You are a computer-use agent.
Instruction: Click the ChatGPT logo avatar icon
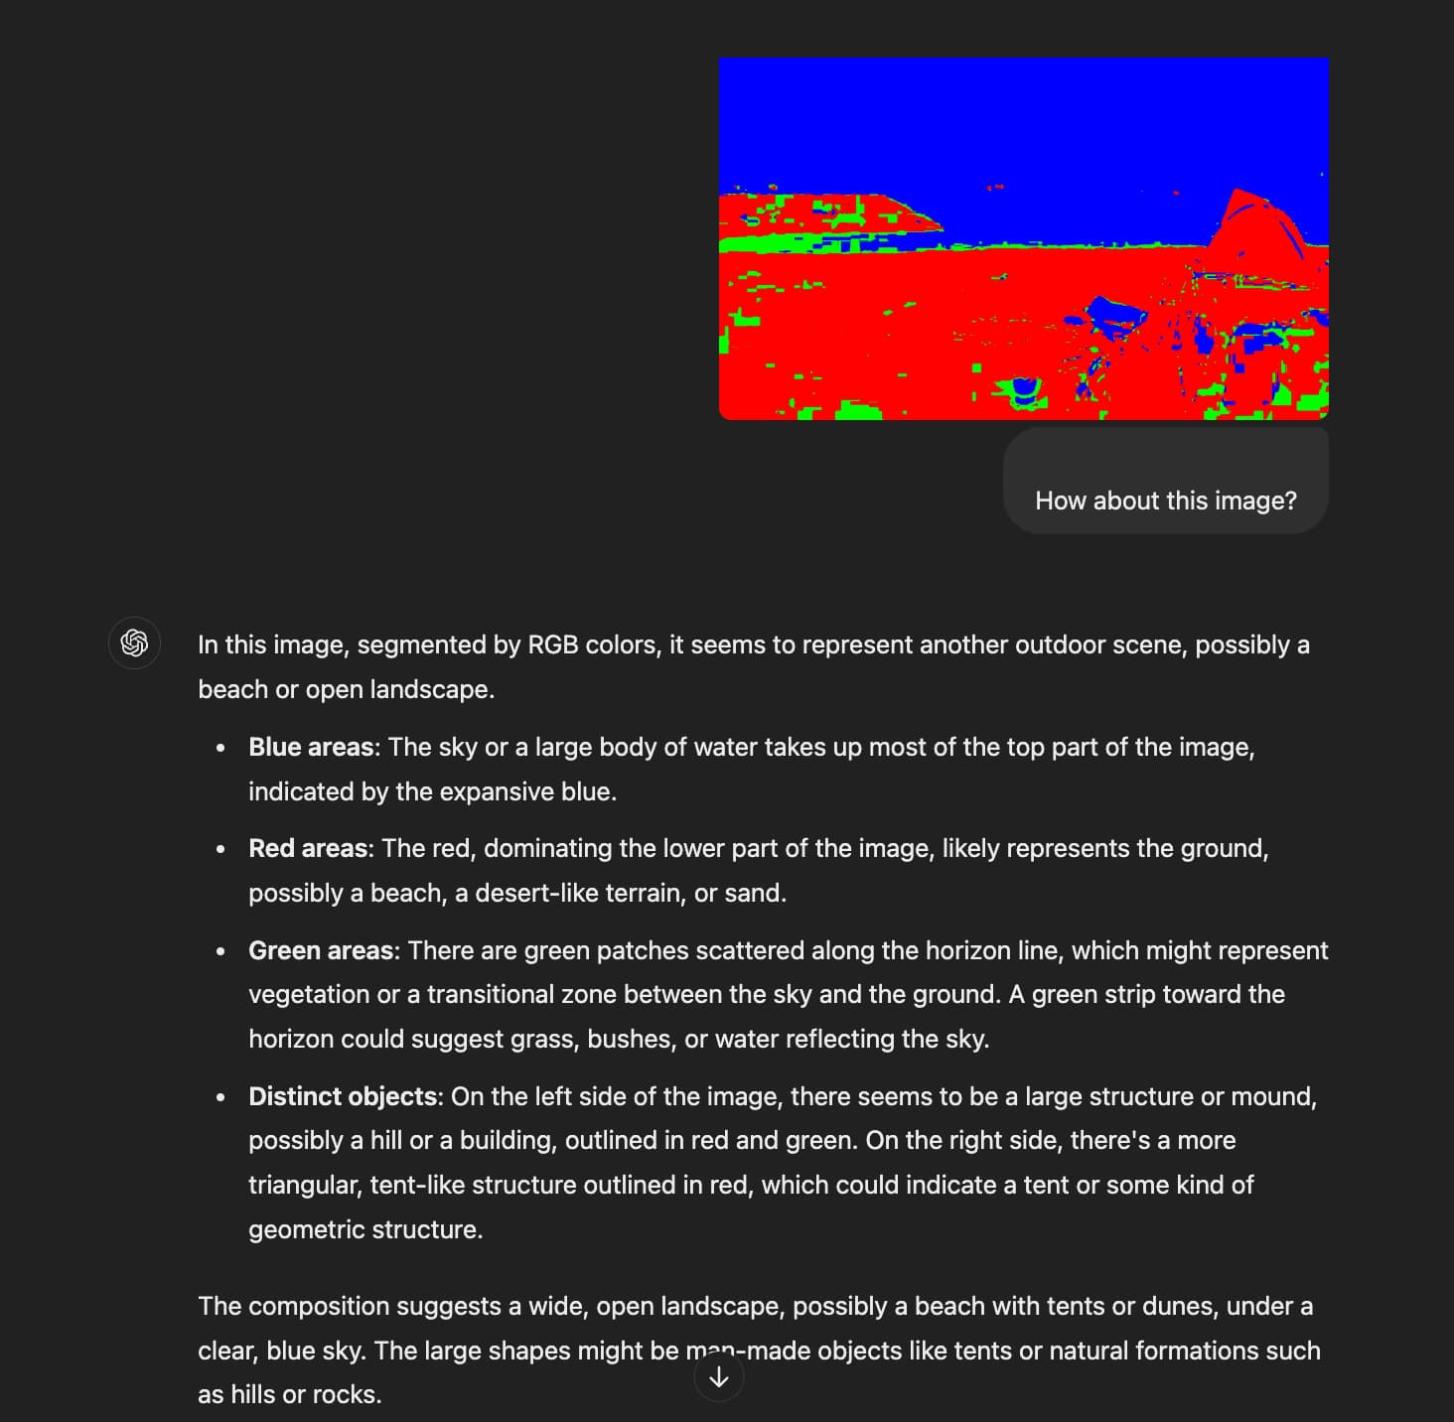click(134, 643)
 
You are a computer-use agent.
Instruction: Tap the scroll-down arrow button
click(719, 1377)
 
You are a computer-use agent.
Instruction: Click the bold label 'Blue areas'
click(311, 747)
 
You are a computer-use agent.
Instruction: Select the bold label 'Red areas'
click(308, 848)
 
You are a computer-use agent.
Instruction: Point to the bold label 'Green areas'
click(321, 950)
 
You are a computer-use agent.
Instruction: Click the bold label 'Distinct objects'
click(343, 1096)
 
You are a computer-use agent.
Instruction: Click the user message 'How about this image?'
click(1165, 500)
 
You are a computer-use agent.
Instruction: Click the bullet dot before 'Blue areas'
click(220, 747)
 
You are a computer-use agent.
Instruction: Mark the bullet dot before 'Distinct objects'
click(220, 1096)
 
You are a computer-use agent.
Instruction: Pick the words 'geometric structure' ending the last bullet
click(364, 1229)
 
